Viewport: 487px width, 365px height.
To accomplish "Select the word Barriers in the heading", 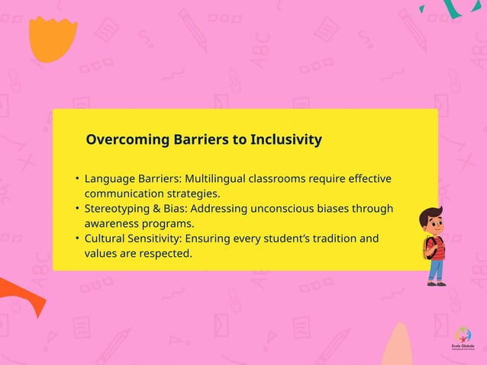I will (x=185, y=140).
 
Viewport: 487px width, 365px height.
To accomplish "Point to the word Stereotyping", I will (x=119, y=209).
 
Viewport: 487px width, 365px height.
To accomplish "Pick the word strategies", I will (x=190, y=194).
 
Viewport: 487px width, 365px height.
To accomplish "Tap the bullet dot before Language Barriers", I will (x=77, y=179).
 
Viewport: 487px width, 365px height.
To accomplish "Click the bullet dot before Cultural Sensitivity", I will (x=77, y=239).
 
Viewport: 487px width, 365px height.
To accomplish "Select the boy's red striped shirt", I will (x=436, y=247).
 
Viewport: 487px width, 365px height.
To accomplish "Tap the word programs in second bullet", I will (x=171, y=223).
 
